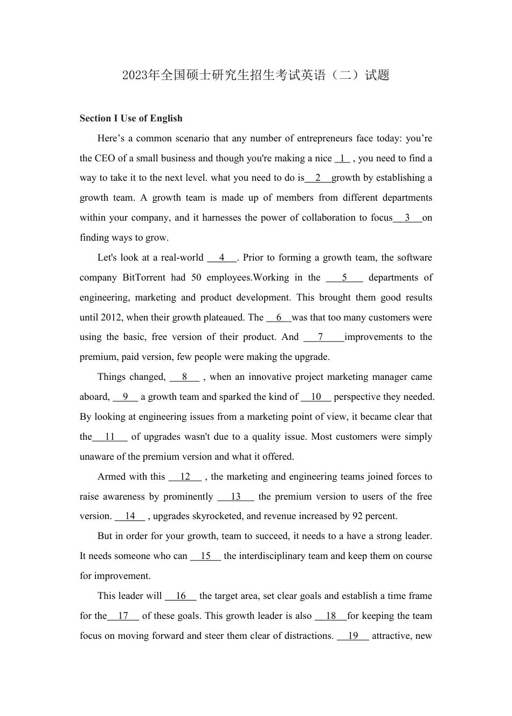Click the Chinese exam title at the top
pos(255,75)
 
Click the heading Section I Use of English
pos(131,119)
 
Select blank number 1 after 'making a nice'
pos(342,159)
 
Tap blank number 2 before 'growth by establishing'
pos(318,178)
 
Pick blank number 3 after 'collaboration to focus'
pos(407,218)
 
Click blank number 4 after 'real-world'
pos(222,258)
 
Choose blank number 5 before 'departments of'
pos(344,278)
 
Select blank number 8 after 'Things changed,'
pos(184,377)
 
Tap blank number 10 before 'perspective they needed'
pos(316,397)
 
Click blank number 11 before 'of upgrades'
pos(110,437)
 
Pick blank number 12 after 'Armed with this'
pos(185,477)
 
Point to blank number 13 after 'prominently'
pos(236,497)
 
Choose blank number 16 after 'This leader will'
pos(181,596)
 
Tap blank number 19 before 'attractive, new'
pos(353,636)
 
